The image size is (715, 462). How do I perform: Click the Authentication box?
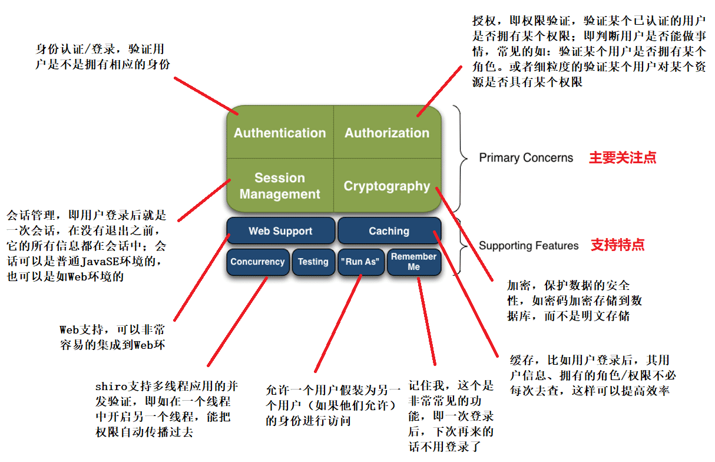[280, 133]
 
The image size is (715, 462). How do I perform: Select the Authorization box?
[387, 133]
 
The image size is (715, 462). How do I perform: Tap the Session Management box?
[280, 186]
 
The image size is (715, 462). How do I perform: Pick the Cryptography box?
[387, 186]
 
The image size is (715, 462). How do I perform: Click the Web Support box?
[280, 231]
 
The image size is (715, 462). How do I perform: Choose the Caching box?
[389, 231]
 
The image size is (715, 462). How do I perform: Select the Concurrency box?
[257, 262]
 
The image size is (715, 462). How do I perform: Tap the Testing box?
[313, 262]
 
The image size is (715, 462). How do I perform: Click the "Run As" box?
[360, 262]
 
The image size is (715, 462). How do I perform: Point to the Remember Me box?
[413, 262]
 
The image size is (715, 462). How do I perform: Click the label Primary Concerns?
[526, 158]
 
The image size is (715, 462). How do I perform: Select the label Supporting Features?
[529, 246]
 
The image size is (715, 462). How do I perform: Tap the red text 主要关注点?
[623, 158]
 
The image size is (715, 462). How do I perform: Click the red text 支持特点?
[618, 246]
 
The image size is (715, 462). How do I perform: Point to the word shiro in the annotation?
[109, 387]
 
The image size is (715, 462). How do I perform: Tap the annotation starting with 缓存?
[590, 375]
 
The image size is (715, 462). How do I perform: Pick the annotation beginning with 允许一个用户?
[333, 405]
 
